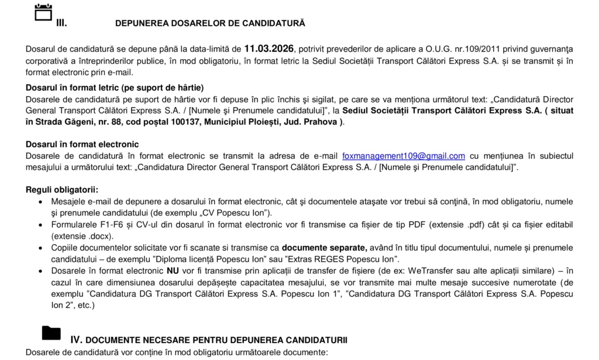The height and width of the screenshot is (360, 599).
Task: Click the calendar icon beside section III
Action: coord(44,12)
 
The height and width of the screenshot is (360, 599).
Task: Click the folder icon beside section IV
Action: coord(51,332)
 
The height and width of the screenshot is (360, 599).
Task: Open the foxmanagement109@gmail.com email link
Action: coord(404,156)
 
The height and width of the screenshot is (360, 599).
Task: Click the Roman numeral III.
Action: coord(61,23)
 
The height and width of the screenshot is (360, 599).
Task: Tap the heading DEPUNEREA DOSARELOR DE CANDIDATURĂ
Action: coord(210,23)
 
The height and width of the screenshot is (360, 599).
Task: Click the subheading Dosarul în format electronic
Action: coord(82,145)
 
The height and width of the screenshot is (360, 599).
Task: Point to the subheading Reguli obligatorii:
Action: coord(62,190)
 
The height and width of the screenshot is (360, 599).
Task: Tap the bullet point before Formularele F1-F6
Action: coord(39,225)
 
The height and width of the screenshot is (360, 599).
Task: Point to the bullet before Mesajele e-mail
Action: coord(39,202)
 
